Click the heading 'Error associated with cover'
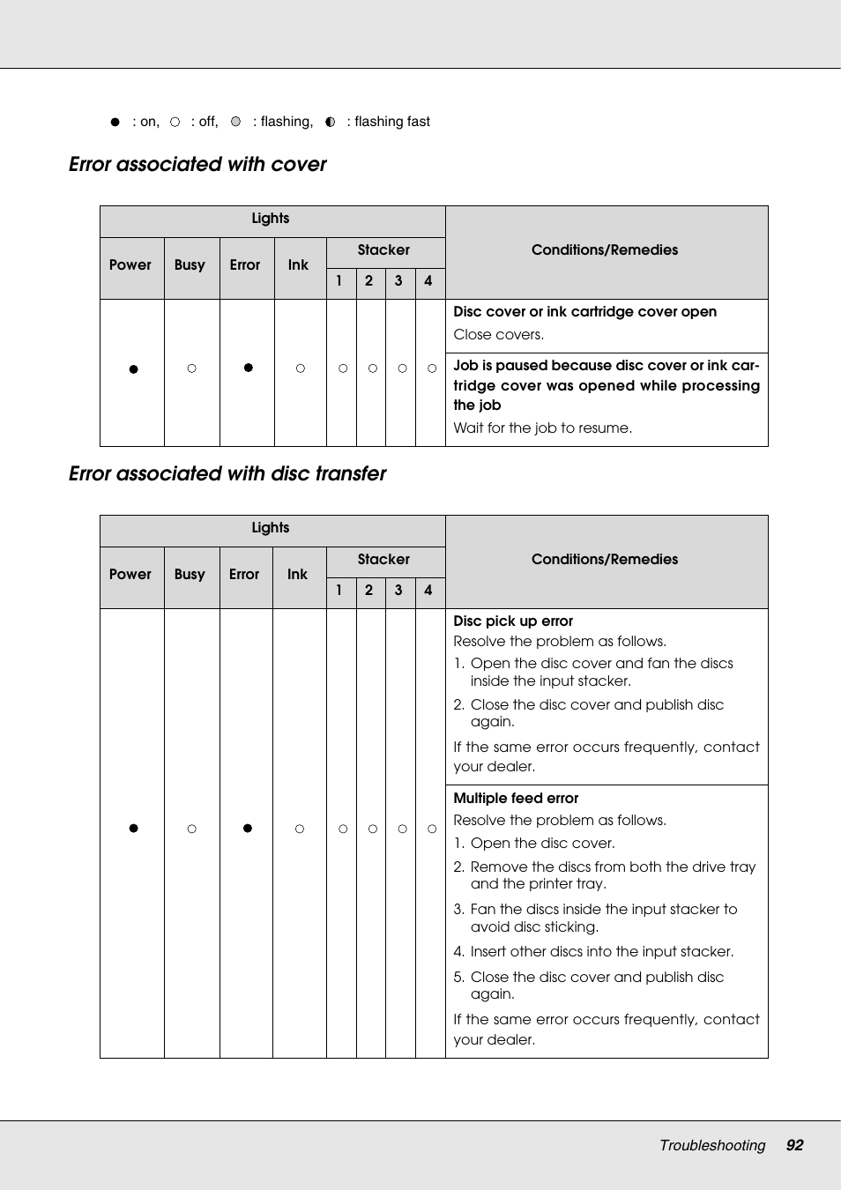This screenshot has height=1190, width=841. point(197,165)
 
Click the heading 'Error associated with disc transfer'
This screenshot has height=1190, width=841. point(227,474)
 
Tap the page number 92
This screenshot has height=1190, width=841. point(794,1145)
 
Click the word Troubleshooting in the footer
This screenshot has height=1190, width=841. point(712,1145)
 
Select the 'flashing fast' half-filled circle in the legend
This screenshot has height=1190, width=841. point(330,122)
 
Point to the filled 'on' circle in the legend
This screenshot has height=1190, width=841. point(115,122)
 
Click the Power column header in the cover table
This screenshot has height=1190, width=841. point(130,265)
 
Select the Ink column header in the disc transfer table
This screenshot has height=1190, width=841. point(297,575)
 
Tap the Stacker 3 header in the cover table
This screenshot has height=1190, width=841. point(398,281)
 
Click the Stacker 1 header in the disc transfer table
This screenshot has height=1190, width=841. point(339,591)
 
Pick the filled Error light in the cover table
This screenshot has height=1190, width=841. point(248,368)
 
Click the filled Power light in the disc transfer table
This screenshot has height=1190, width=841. point(133,828)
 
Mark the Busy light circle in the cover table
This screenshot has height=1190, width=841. point(191,368)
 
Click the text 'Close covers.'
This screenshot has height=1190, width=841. point(498,335)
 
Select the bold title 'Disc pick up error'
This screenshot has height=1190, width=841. point(513,621)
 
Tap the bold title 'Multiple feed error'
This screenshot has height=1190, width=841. point(516,799)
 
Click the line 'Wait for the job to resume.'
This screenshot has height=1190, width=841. point(542,428)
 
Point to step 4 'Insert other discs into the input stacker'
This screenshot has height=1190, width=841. point(601,952)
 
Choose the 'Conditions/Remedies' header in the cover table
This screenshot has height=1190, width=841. point(605,250)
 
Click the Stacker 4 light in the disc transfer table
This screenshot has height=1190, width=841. point(432,829)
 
